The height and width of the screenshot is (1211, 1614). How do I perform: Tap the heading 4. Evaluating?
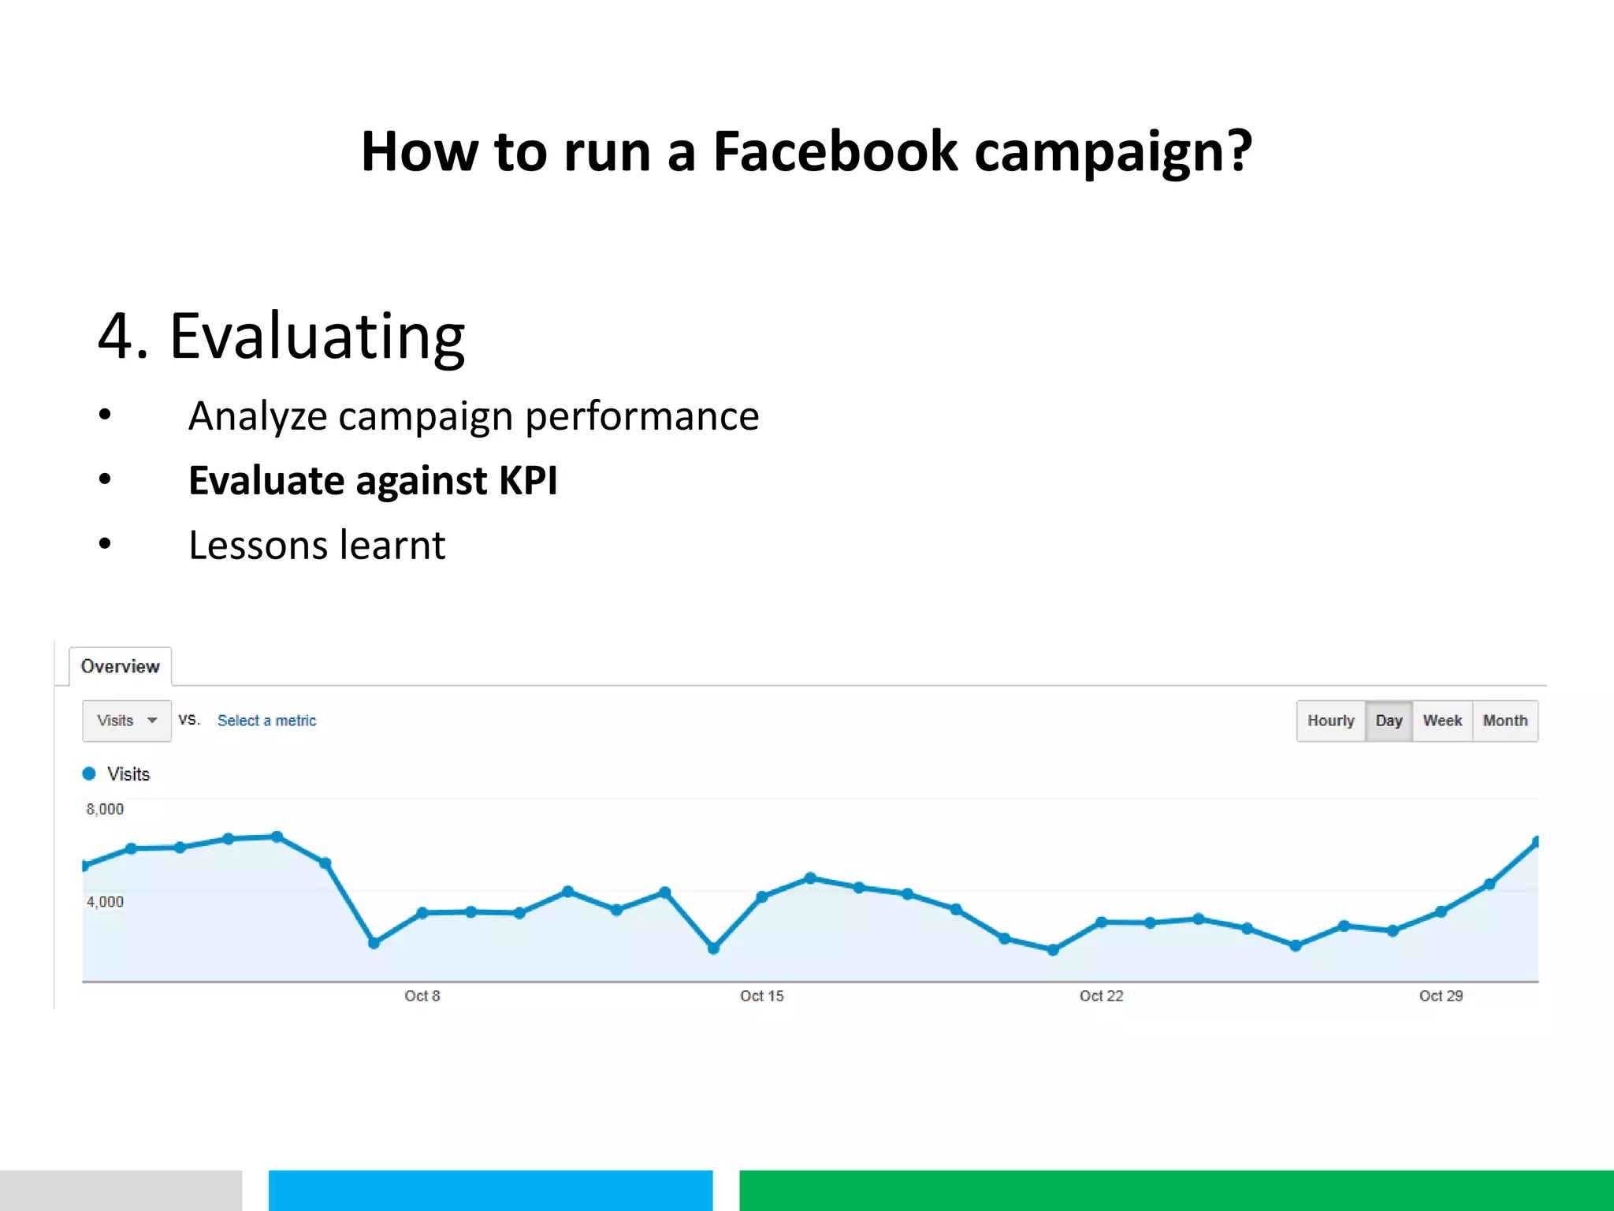(281, 337)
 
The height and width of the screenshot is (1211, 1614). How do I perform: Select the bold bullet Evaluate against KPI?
(372, 480)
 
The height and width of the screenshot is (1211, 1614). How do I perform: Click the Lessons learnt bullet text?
(317, 545)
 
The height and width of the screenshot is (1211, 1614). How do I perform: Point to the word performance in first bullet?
(642, 415)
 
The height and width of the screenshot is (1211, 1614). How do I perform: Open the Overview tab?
(120, 666)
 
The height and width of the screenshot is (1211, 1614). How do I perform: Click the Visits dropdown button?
(126, 721)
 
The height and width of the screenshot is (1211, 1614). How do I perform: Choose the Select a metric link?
(266, 721)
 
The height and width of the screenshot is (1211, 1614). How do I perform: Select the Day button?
(1389, 721)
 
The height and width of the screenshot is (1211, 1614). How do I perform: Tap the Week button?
(1442, 721)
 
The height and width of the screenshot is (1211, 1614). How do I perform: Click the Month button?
(1504, 721)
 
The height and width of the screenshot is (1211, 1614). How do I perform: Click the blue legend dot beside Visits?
(89, 773)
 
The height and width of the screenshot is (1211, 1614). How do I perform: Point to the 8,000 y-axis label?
(105, 809)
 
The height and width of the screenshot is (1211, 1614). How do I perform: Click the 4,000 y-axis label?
(105, 901)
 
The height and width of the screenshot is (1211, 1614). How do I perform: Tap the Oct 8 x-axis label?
(422, 996)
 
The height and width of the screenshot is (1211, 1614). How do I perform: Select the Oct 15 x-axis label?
(761, 996)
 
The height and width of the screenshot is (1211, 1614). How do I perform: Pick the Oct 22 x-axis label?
(1101, 996)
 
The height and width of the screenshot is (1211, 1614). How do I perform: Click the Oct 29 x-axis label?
(1441, 996)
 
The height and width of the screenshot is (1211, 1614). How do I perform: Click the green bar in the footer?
(1176, 1190)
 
